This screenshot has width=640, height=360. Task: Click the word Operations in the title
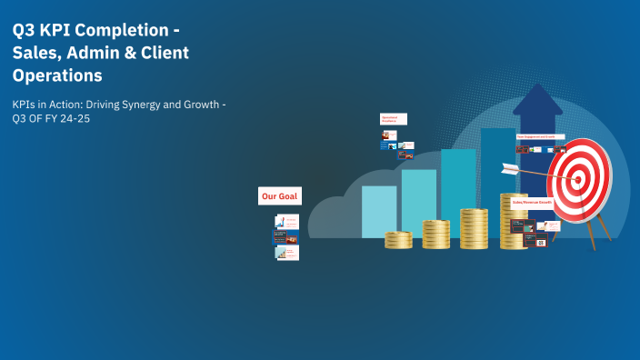(56, 75)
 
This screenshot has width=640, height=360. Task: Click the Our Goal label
(279, 196)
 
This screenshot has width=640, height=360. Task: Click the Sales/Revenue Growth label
(531, 202)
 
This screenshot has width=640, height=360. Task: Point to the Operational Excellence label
(393, 119)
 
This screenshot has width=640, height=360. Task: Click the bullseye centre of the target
(579, 178)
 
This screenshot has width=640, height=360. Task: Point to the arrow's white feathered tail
(509, 167)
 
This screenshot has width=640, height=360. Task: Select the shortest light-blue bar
(379, 211)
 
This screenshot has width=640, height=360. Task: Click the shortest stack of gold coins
(398, 240)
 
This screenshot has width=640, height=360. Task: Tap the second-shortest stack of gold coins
(435, 235)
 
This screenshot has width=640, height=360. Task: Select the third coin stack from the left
(474, 228)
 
